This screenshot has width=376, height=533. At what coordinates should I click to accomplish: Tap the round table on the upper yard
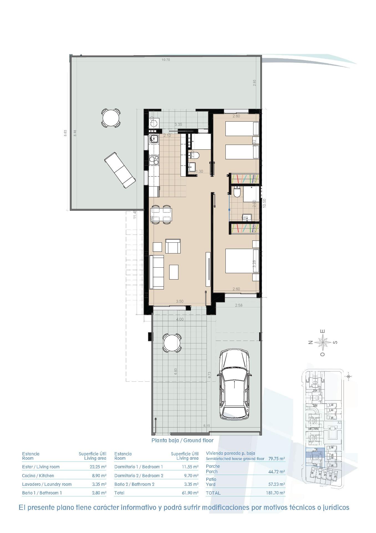(111, 118)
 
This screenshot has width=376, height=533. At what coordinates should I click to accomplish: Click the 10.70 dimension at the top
(166, 60)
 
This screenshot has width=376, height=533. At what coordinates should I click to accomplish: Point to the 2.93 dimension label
(255, 83)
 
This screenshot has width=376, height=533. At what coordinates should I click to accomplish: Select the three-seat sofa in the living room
(157, 272)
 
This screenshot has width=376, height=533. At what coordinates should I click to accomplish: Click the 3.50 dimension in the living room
(180, 301)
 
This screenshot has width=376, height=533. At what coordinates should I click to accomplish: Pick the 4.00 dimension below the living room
(180, 319)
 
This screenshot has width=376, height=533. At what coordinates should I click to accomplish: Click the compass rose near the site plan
(323, 342)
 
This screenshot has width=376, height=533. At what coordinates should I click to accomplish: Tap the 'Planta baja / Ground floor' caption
(182, 440)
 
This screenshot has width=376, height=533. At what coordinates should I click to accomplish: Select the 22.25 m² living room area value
(96, 467)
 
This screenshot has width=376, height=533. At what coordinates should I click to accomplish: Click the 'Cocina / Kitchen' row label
(38, 476)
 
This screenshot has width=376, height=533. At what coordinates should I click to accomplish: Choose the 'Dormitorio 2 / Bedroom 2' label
(139, 476)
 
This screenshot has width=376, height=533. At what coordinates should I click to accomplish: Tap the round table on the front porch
(172, 343)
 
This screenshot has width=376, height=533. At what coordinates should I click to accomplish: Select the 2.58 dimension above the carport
(238, 305)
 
